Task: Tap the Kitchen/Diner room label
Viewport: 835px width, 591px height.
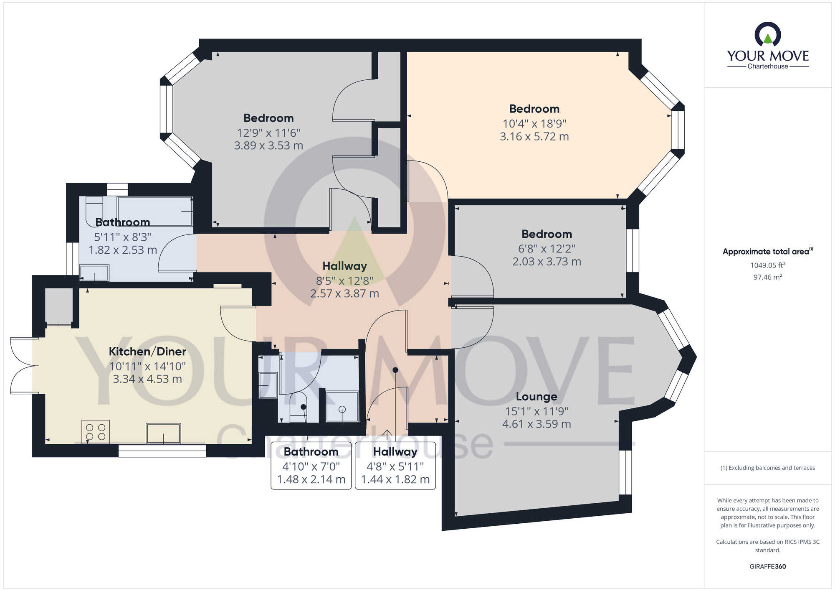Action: point(147,352)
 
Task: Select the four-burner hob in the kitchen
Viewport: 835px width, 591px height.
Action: point(96,432)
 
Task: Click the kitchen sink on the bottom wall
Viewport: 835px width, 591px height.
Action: point(163,433)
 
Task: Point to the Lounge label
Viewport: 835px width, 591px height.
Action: point(536,397)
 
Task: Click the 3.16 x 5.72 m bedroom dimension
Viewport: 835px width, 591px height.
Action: point(534,137)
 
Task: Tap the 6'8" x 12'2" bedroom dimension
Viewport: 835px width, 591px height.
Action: point(547,249)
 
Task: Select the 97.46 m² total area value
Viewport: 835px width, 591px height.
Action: point(768,277)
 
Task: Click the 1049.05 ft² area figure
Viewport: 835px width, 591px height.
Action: point(768,265)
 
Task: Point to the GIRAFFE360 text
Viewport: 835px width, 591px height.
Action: point(768,567)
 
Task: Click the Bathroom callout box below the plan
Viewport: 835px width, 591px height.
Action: point(311,466)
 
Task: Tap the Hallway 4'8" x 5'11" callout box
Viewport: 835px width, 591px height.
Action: point(395,466)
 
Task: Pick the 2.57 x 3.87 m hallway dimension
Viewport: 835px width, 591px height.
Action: point(345,294)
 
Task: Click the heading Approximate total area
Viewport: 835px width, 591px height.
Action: point(768,252)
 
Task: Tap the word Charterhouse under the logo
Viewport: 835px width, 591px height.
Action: point(768,66)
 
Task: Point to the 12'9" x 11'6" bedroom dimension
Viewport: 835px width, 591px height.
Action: point(269,133)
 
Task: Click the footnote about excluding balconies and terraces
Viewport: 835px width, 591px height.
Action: point(768,468)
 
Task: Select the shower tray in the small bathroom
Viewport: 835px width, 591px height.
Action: point(342,407)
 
